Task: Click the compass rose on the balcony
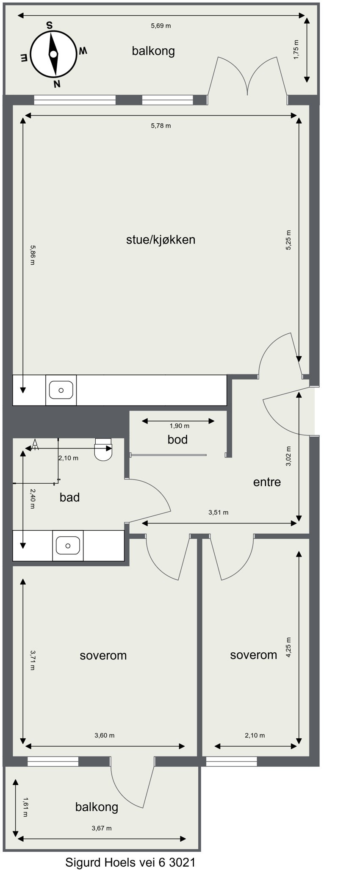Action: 53,54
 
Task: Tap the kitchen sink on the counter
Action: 61,390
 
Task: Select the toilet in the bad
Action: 103,451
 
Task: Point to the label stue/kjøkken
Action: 161,240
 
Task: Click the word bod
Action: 177,440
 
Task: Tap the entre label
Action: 267,482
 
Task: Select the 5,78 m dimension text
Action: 161,126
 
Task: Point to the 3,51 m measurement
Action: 218,513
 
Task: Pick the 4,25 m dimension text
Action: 289,647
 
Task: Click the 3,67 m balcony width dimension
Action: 102,828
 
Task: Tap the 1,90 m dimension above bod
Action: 179,426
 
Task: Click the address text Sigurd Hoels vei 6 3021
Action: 130,862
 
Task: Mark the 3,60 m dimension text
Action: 104,735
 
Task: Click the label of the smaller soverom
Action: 253,655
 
